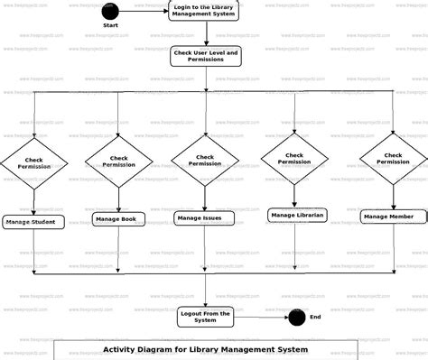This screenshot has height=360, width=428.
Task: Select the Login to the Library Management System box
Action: pyautogui.click(x=206, y=11)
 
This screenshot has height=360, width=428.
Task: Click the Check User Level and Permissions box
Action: pyautogui.click(x=206, y=56)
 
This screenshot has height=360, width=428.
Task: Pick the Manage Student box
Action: pyautogui.click(x=33, y=222)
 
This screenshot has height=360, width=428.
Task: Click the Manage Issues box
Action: pyautogui.click(x=205, y=217)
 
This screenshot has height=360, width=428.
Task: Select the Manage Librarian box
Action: pyautogui.click(x=297, y=215)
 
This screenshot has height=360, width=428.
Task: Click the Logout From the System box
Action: pyautogui.click(x=206, y=316)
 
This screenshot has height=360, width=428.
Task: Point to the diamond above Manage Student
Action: pyautogui.click(x=33, y=164)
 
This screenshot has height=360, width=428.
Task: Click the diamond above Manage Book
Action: pyautogui.click(x=119, y=162)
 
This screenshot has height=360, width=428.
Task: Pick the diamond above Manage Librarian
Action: pyautogui.click(x=294, y=159)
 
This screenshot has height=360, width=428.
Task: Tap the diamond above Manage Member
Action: pyautogui.click(x=393, y=159)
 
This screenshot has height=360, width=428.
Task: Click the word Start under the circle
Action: pyautogui.click(x=110, y=26)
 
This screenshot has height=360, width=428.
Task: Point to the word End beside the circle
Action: pyautogui.click(x=315, y=317)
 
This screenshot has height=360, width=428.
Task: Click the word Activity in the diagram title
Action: pyautogui.click(x=123, y=349)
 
